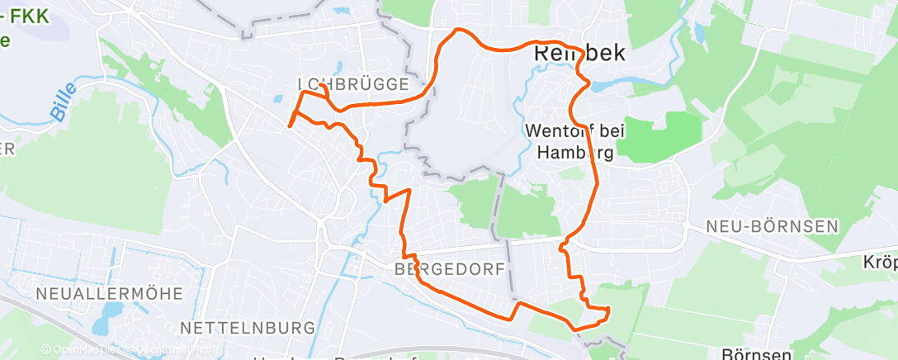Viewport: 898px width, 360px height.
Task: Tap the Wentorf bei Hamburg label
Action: click(575, 141)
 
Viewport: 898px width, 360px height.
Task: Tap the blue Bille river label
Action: click(63, 102)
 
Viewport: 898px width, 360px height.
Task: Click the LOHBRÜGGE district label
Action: click(353, 84)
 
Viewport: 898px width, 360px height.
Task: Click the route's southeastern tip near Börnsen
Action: click(608, 311)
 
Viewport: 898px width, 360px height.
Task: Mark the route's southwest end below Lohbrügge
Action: click(289, 126)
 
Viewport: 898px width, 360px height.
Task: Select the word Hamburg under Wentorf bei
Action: click(575, 152)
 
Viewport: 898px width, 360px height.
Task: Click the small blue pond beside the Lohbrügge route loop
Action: click(279, 102)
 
